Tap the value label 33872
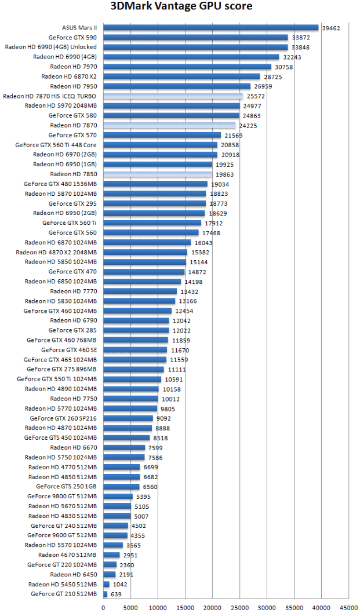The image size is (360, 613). [x=301, y=38]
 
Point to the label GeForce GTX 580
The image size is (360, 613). [x=72, y=115]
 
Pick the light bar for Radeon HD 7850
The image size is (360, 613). [x=158, y=174]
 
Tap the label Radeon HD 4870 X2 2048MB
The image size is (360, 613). [x=56, y=252]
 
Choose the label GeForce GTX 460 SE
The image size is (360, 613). [x=69, y=350]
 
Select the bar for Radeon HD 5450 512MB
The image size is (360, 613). [x=106, y=584]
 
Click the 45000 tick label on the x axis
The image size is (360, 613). [x=349, y=607]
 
